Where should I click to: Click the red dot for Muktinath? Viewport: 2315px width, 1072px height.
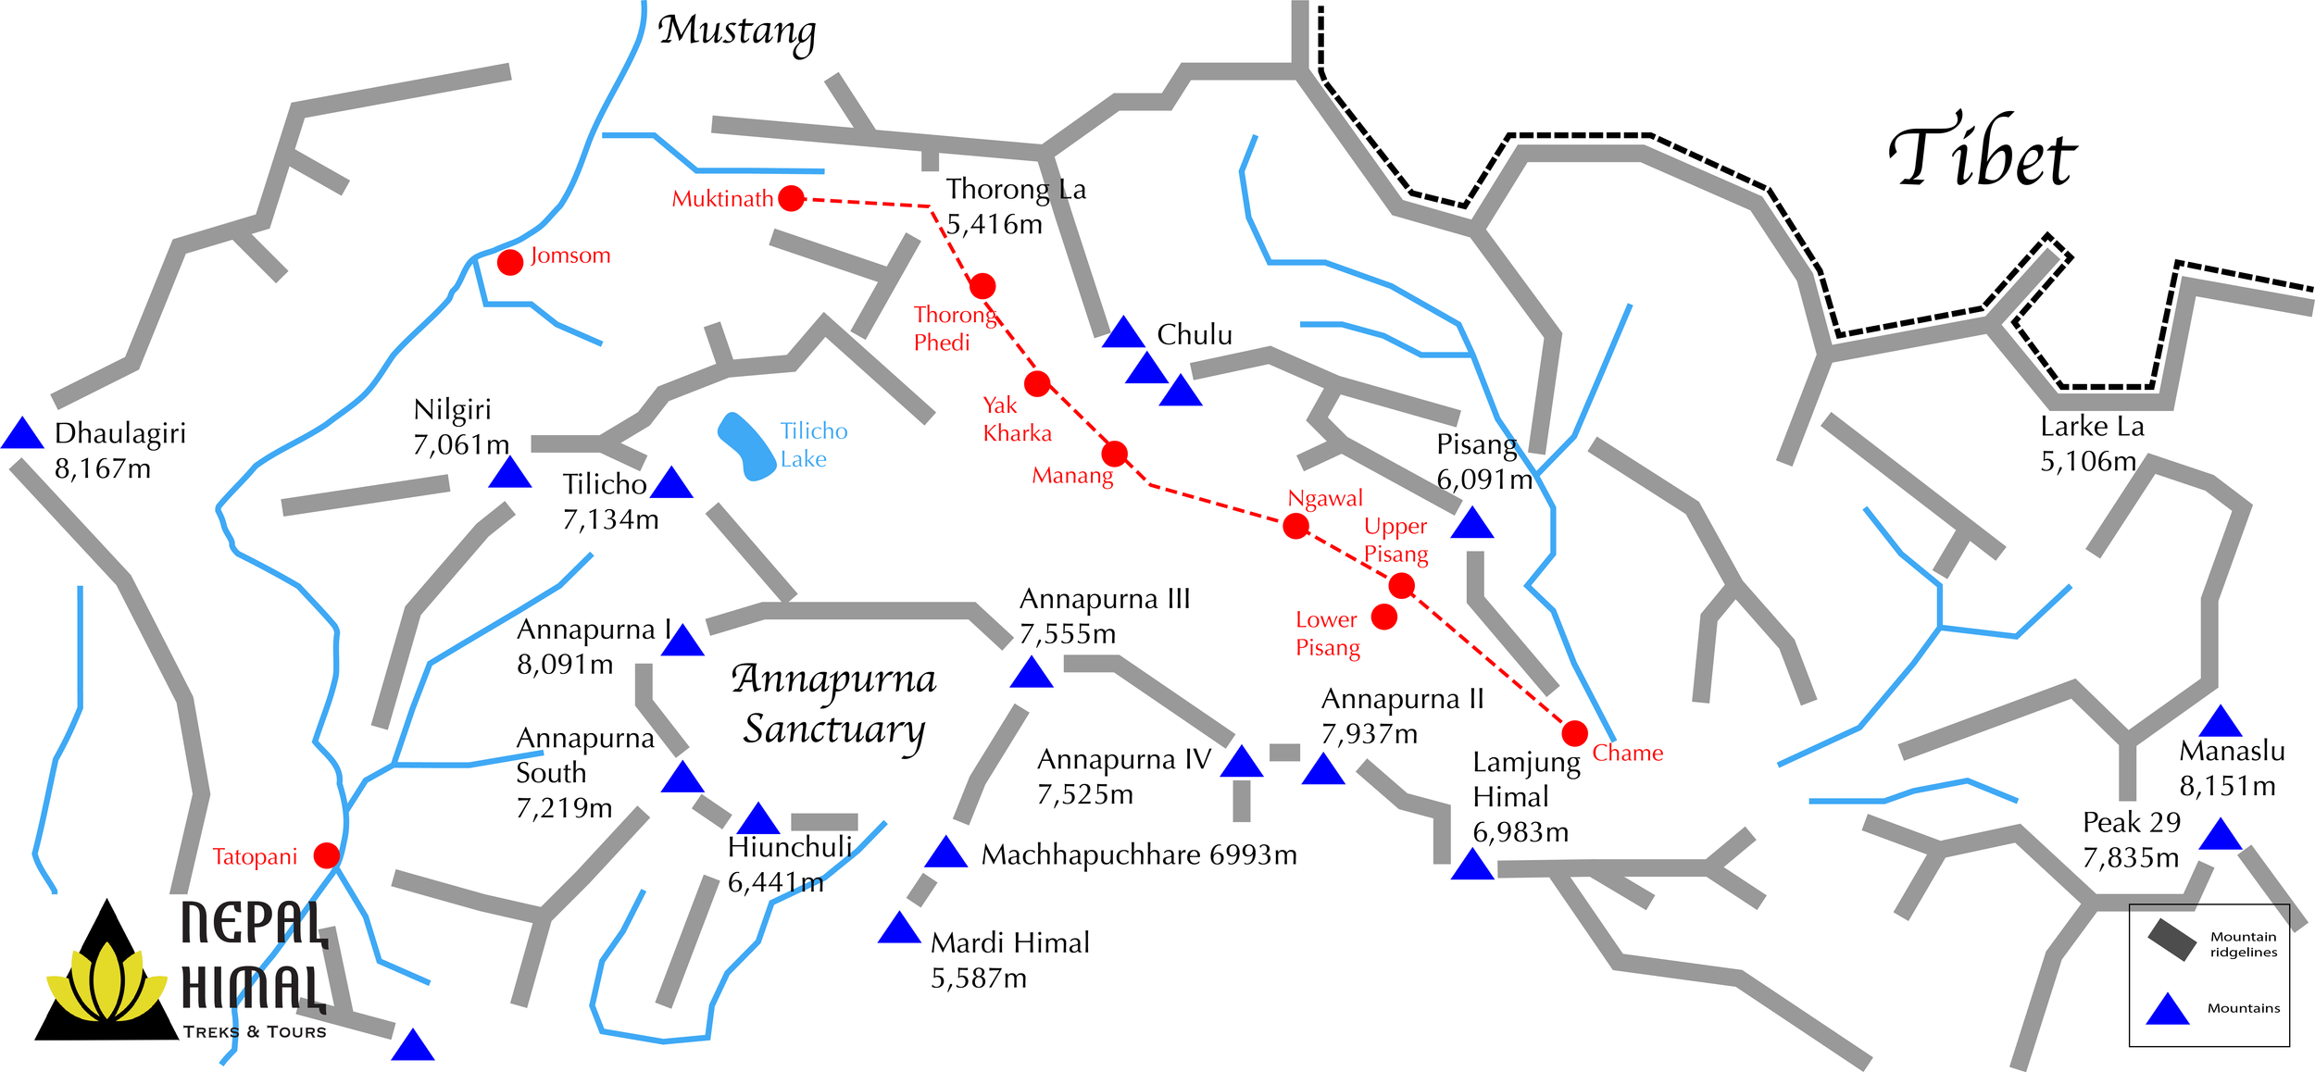tap(791, 198)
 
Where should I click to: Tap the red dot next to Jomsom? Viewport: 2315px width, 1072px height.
tap(510, 262)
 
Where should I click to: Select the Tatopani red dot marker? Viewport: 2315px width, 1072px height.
tap(326, 855)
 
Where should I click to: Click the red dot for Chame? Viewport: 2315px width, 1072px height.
tap(1574, 733)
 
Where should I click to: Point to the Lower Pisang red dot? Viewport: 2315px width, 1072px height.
tap(1383, 617)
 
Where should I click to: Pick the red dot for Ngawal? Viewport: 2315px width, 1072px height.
tap(1295, 526)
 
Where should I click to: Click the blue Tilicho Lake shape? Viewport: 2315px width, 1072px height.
tap(746, 445)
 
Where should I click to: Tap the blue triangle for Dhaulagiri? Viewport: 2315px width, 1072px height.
tap(22, 435)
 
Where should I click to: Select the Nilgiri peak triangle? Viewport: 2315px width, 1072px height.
tap(509, 474)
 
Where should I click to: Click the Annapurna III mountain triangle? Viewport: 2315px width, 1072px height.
tap(1032, 674)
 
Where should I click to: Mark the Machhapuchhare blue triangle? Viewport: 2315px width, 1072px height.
tap(945, 854)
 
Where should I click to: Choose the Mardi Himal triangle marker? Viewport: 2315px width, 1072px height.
tap(898, 929)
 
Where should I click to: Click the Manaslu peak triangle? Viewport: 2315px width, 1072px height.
tap(2220, 723)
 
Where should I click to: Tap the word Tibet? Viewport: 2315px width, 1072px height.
tap(1982, 154)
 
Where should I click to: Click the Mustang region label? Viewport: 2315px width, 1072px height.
tap(737, 31)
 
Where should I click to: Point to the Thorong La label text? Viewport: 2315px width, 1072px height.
tap(1015, 190)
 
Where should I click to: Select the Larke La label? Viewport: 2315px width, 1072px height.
tap(2092, 427)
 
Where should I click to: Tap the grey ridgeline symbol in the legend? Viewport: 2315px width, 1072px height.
tap(2171, 941)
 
